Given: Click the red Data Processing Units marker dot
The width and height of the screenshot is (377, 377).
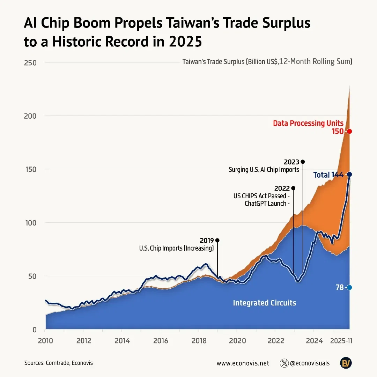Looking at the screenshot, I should click(349, 131).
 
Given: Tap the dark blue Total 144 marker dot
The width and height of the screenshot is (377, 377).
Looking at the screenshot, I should click(349, 174).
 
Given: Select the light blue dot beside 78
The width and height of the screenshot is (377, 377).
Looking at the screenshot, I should click(349, 287).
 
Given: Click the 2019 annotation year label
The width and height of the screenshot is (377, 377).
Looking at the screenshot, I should click(207, 241).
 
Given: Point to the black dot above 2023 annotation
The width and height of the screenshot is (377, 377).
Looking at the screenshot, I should click(303, 162).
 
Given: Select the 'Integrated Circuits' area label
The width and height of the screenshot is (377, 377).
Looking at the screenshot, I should click(264, 303).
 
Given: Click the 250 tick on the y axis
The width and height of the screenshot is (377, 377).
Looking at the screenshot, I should click(31, 62).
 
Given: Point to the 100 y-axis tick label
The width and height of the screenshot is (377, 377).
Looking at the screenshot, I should click(31, 222).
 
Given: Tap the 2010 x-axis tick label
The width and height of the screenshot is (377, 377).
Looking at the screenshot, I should click(45, 340).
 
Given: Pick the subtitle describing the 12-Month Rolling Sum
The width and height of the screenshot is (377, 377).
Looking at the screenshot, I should click(267, 62).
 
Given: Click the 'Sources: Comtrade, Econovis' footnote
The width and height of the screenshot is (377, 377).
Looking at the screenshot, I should click(59, 363).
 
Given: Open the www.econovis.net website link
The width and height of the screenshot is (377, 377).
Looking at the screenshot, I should click(243, 363).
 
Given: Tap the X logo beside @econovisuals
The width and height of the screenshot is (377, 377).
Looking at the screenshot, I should click(284, 363).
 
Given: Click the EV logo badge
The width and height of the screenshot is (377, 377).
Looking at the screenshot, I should click(346, 363).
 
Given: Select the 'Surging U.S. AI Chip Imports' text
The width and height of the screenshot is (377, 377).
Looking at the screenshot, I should click(264, 170).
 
